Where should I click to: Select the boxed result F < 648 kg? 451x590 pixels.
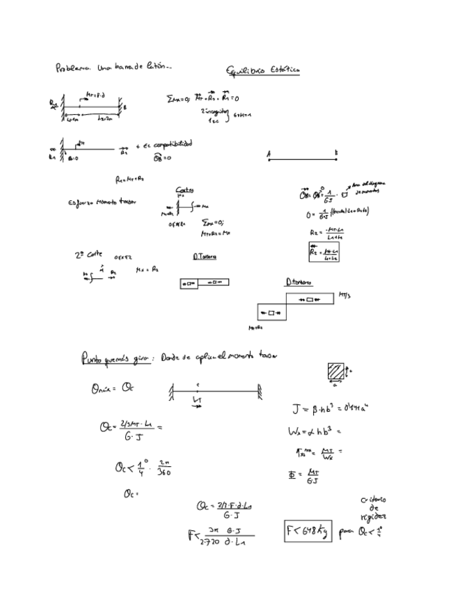click(308, 532)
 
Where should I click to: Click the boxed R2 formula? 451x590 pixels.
click(324, 251)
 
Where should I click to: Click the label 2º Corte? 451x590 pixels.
click(87, 255)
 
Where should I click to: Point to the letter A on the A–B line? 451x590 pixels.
click(269, 152)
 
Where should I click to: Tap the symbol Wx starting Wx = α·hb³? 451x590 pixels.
click(293, 431)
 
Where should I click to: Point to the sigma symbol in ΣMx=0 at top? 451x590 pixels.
click(171, 99)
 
